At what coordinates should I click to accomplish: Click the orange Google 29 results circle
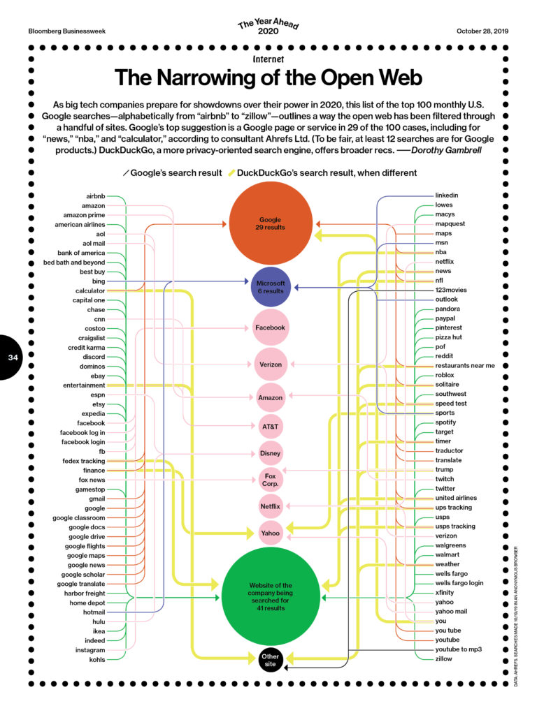(x=271, y=223)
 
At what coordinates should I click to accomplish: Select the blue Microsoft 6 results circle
(x=271, y=287)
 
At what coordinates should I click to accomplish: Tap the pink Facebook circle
(x=271, y=327)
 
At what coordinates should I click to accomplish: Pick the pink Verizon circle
(x=271, y=364)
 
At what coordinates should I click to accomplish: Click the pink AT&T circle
(x=271, y=427)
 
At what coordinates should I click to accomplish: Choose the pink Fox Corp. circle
(x=271, y=479)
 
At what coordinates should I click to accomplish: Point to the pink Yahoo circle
(x=271, y=533)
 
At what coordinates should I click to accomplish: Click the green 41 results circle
(x=271, y=597)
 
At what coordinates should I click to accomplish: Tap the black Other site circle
(x=271, y=660)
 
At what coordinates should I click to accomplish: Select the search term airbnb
(x=95, y=196)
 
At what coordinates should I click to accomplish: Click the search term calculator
(x=90, y=290)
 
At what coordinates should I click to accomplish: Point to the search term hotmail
(x=94, y=612)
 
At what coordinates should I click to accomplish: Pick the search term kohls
(x=96, y=659)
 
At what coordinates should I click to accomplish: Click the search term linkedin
(x=447, y=196)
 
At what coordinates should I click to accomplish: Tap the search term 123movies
(x=451, y=290)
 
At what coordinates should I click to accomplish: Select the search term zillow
(x=443, y=658)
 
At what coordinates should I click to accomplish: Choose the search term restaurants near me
(x=465, y=365)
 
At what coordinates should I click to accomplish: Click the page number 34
(x=13, y=357)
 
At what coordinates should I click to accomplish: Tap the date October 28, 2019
(x=482, y=31)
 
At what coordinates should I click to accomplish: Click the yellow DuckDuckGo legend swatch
(x=231, y=173)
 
